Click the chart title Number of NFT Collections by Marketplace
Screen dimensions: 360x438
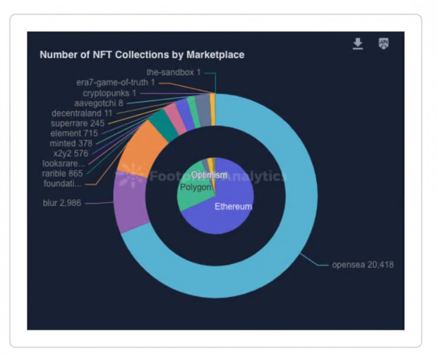click(142, 54)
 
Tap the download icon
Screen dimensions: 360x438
click(358, 44)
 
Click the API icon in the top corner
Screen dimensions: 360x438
click(383, 43)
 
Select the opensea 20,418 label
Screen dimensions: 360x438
click(362, 265)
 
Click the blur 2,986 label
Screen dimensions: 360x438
click(62, 203)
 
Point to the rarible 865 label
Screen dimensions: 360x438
click(62, 174)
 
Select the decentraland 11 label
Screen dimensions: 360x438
click(81, 113)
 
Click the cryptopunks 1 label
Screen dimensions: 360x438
click(109, 93)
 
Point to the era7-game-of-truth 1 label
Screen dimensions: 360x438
click(116, 83)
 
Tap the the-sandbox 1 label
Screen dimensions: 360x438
click(173, 73)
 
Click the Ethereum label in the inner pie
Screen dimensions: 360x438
click(232, 207)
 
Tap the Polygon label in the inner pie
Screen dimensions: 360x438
click(195, 187)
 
